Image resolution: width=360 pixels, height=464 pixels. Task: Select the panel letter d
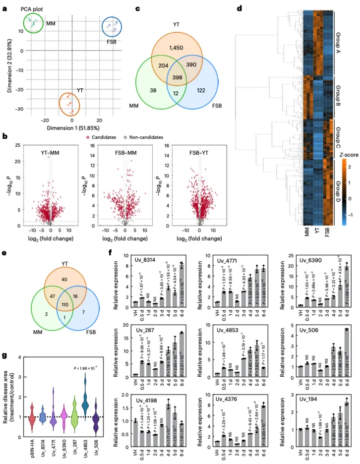tap(240, 8)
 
